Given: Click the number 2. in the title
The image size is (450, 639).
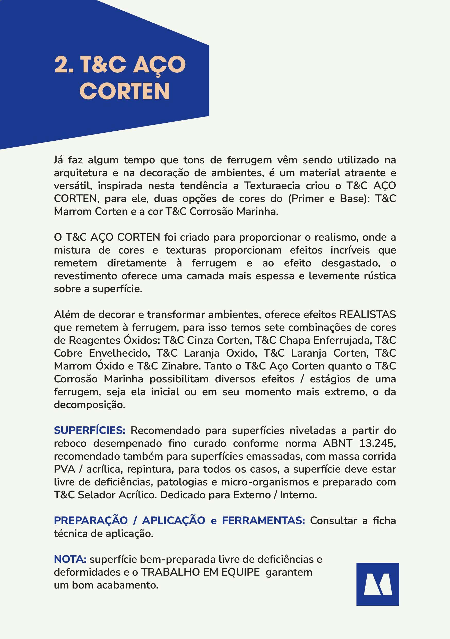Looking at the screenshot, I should (64, 65).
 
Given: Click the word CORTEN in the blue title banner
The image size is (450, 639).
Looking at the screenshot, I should (124, 91).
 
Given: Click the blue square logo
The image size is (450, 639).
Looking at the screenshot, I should (377, 584).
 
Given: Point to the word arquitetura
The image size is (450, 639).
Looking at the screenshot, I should (81, 173).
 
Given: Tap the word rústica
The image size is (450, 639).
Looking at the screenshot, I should (380, 276).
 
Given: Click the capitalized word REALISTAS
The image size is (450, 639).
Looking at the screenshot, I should (368, 315).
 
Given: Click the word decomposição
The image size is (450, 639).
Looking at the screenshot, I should (90, 405).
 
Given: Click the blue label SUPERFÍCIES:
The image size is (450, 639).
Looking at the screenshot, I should (90, 430).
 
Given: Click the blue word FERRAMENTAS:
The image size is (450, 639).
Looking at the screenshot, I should (263, 520).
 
